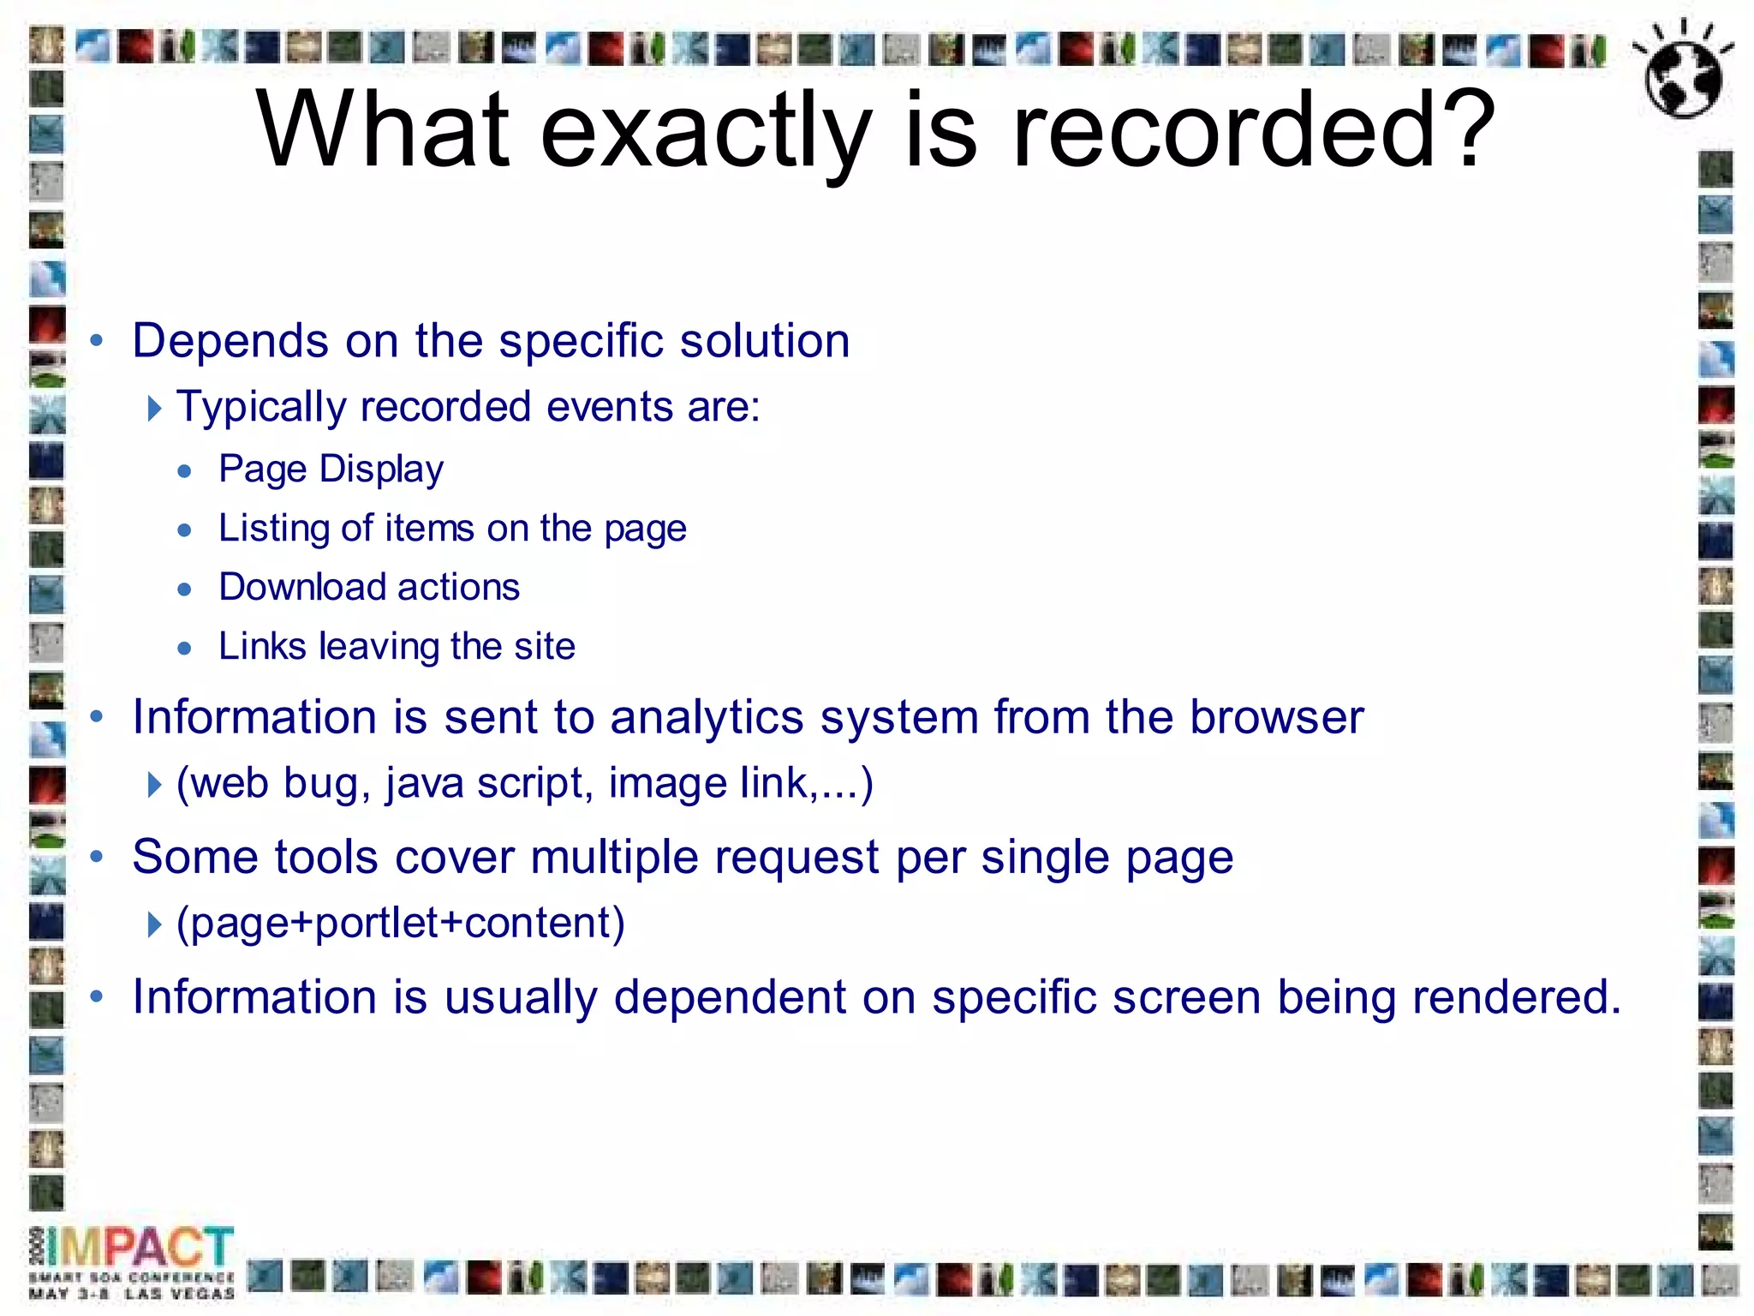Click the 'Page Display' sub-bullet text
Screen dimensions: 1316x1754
331,469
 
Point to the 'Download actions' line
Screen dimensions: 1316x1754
369,588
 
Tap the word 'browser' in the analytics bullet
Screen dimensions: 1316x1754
1276,717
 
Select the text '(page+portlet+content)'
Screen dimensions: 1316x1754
401,923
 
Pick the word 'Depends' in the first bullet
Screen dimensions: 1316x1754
230,342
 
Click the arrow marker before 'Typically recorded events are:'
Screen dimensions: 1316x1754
154,408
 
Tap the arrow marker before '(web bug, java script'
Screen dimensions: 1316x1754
154,784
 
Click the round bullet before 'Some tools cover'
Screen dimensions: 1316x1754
97,856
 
